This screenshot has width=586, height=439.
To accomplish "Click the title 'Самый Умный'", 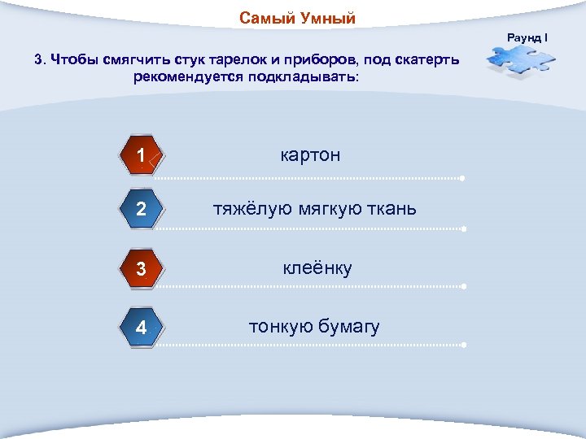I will tap(297, 19).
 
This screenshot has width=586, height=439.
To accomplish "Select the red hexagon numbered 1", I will tap(142, 155).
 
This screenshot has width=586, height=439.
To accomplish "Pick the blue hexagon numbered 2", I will tap(142, 209).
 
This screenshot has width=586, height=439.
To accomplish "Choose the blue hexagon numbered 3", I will tap(142, 268).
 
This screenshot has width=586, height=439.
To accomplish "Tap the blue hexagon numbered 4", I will tap(142, 328).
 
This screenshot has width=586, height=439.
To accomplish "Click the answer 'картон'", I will tap(310, 154).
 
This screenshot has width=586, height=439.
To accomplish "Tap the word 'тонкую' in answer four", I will tap(282, 327).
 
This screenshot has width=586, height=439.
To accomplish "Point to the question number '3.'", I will tap(40, 59).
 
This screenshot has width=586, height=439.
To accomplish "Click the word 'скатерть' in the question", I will tap(428, 59).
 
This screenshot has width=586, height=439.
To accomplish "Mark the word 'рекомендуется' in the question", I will tap(184, 77).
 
